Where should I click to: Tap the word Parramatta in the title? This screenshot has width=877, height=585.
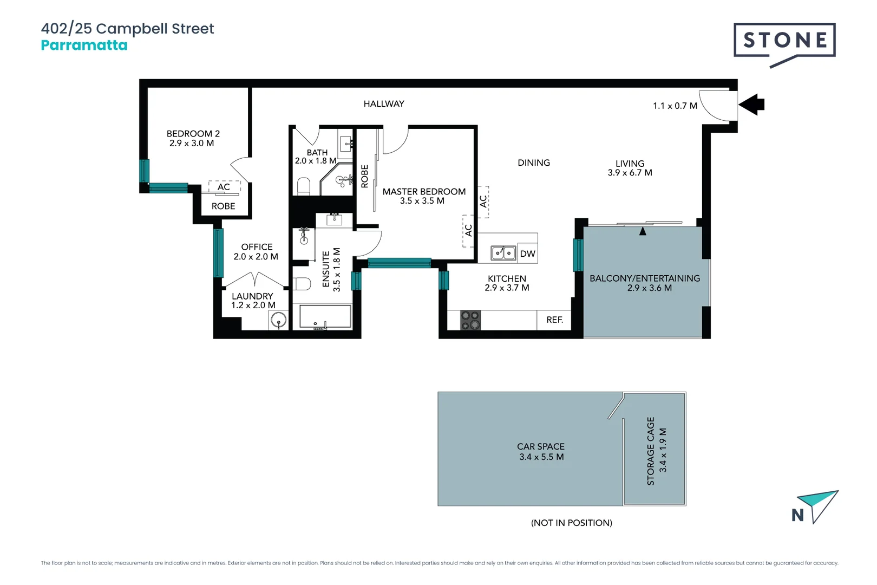[84, 45]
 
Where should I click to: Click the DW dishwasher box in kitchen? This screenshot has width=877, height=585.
[527, 253]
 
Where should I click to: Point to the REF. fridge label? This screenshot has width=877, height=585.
[554, 320]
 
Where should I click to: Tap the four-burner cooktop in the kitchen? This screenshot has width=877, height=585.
[470, 320]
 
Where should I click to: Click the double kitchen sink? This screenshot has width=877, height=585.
[503, 253]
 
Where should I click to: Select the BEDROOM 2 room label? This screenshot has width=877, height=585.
[193, 134]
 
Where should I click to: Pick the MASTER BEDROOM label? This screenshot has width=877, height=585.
[424, 192]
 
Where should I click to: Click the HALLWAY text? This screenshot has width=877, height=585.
[384, 104]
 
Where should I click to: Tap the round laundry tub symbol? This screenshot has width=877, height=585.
[278, 321]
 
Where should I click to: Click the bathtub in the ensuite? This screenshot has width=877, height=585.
[325, 317]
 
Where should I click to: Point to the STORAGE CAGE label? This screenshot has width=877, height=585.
[651, 451]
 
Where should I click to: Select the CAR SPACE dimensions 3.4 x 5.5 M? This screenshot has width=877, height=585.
[541, 457]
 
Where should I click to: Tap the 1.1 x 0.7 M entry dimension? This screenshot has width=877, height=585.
[675, 106]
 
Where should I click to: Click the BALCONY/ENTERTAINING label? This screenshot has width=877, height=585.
[644, 278]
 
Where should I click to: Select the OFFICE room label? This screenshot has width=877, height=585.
[257, 247]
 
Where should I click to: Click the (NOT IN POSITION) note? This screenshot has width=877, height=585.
[571, 523]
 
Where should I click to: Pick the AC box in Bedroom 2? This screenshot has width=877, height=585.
[224, 187]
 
